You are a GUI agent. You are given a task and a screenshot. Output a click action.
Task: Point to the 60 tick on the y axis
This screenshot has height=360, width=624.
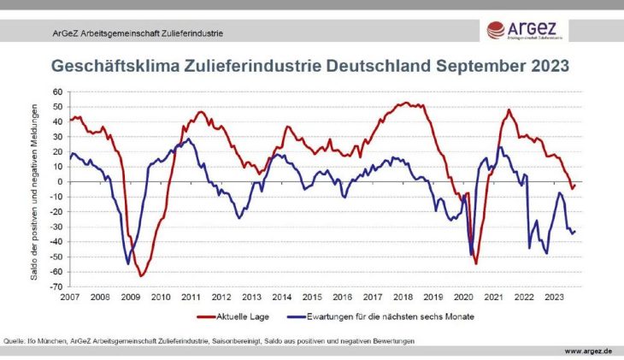[57, 91]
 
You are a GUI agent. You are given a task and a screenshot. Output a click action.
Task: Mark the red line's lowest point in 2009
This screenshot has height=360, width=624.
[141, 276]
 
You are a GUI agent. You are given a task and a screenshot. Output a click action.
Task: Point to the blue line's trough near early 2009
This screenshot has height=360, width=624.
[128, 263]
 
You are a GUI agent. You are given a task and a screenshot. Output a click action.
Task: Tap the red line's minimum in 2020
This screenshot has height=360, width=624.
[475, 264]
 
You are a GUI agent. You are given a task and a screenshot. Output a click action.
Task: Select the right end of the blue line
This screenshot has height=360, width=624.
[575, 231]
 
